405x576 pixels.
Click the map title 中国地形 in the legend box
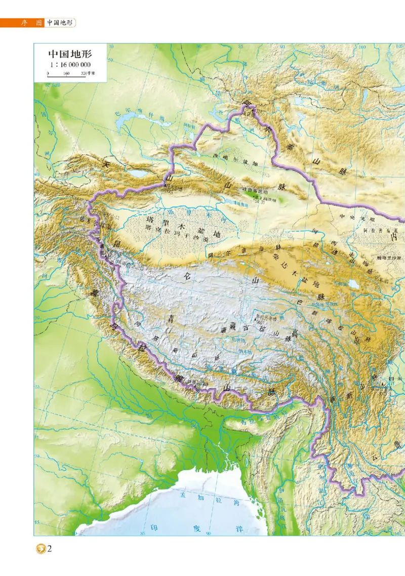pyautogui.click(x=70, y=54)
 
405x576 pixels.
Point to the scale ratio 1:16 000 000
pyautogui.click(x=70, y=65)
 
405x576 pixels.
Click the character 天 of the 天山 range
pyautogui.click(x=106, y=163)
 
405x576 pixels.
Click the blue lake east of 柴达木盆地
pyautogui.click(x=354, y=284)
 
